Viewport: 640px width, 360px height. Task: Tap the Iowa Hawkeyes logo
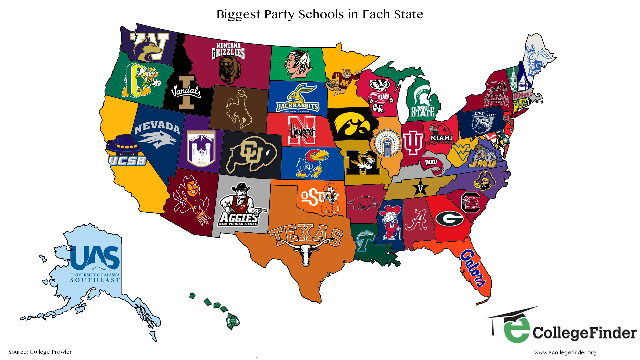[x=352, y=126]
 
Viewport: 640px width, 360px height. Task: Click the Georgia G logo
[x=450, y=219]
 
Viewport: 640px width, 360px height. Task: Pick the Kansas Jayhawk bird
[x=311, y=163]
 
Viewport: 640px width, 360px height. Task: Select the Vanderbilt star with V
[x=420, y=188]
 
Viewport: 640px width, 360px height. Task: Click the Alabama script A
[x=416, y=220]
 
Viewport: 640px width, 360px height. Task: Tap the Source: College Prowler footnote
[x=40, y=352]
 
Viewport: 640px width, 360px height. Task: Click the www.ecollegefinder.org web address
[x=565, y=352]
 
